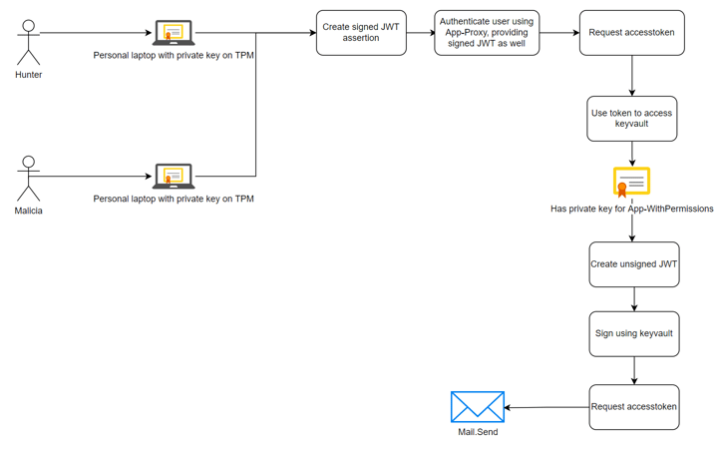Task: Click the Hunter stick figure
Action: (x=29, y=42)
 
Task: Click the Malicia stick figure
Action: (x=29, y=179)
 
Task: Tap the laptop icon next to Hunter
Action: (x=174, y=34)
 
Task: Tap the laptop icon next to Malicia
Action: (x=174, y=177)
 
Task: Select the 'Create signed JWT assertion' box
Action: (x=361, y=33)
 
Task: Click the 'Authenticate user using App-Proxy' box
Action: (x=487, y=33)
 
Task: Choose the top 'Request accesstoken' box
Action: (x=631, y=33)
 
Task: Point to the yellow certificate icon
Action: (x=631, y=183)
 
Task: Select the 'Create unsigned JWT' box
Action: (x=634, y=264)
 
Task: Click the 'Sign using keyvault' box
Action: (x=634, y=333)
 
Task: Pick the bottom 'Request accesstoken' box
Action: (x=634, y=407)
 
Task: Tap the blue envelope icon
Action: (x=478, y=407)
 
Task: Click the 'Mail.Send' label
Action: (x=478, y=432)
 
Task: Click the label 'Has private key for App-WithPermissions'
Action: (x=631, y=210)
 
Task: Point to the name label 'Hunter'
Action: (x=29, y=75)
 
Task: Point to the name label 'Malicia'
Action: (x=29, y=211)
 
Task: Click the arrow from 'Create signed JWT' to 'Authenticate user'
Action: (x=420, y=33)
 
